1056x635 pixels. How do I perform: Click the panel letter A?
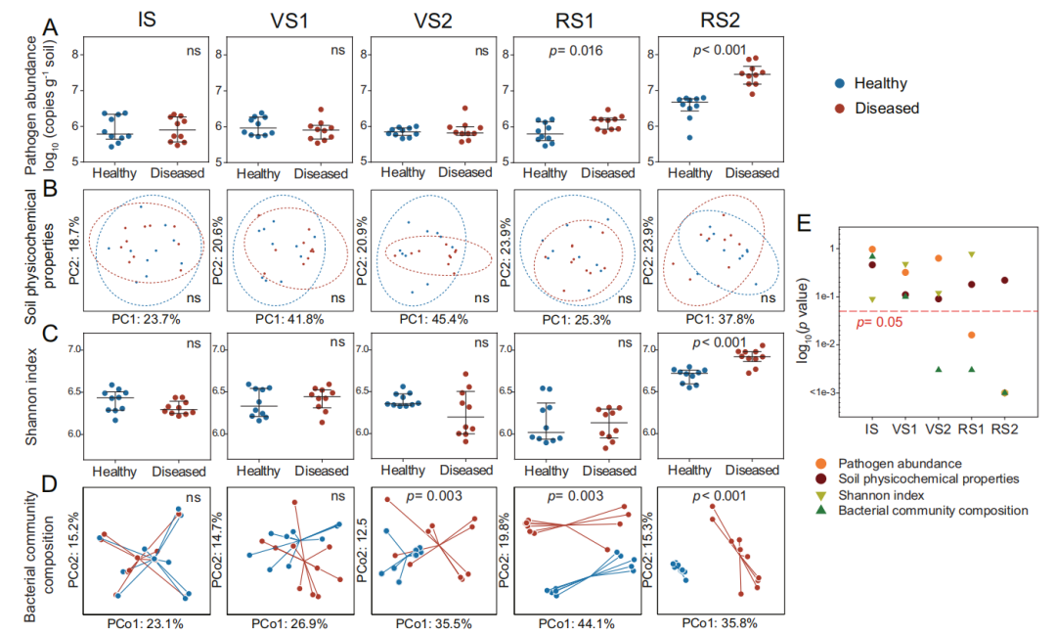[x=50, y=28]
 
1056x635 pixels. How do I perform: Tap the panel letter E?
[x=804, y=224]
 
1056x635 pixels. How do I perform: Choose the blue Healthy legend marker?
[x=839, y=84]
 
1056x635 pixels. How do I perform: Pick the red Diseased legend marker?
[x=839, y=108]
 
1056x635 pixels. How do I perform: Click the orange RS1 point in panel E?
[x=971, y=336]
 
